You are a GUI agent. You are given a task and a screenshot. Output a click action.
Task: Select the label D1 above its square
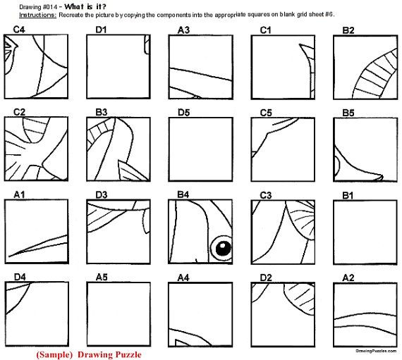click(101, 30)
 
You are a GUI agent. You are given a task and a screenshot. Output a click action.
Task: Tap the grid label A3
click(183, 30)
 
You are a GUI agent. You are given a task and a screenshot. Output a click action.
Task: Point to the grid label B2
click(348, 30)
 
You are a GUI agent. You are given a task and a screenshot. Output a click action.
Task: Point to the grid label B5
click(348, 111)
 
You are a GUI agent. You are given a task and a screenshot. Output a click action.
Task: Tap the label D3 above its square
click(101, 194)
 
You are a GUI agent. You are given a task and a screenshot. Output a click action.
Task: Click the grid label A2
click(348, 276)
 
